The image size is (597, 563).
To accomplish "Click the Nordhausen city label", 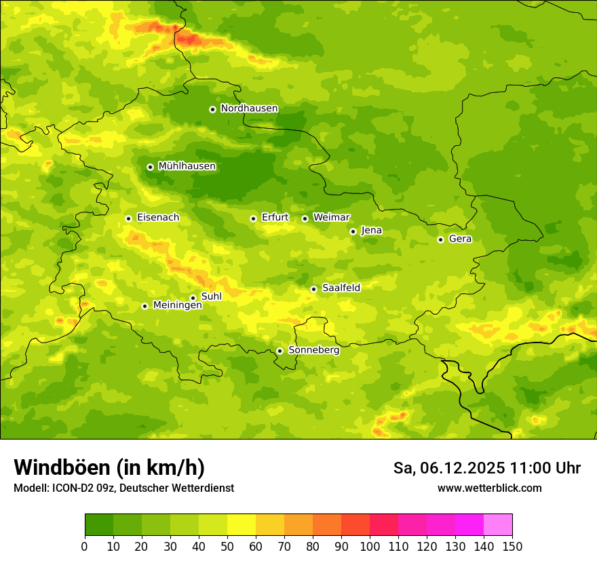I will tap(249, 109).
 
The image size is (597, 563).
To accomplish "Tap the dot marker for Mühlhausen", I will tap(150, 167).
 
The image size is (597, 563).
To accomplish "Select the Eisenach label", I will tap(158, 218).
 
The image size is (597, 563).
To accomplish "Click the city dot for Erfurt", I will tap(253, 218).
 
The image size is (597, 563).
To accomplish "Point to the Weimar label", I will tap(331, 218).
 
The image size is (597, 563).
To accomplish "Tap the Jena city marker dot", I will tap(353, 231).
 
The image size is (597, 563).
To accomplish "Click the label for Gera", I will tap(460, 239).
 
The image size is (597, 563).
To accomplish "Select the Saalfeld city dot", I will tap(313, 289).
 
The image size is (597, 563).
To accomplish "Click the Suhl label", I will tap(212, 296).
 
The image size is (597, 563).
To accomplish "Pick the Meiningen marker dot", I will tap(145, 306).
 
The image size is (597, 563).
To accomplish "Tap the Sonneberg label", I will tap(313, 350).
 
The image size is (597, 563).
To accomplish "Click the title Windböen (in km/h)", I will tap(109, 467).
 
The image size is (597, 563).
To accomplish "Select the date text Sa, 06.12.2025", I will tap(450, 468).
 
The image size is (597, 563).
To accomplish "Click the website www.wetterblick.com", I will tap(489, 488).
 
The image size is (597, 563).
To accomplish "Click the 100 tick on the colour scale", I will tap(370, 546).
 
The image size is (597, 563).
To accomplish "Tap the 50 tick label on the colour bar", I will tap(227, 546).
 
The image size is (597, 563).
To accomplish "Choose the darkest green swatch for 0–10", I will tap(99, 525).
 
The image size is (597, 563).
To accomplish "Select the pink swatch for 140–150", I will tap(498, 525).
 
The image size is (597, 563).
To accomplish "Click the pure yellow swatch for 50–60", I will tap(242, 525).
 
